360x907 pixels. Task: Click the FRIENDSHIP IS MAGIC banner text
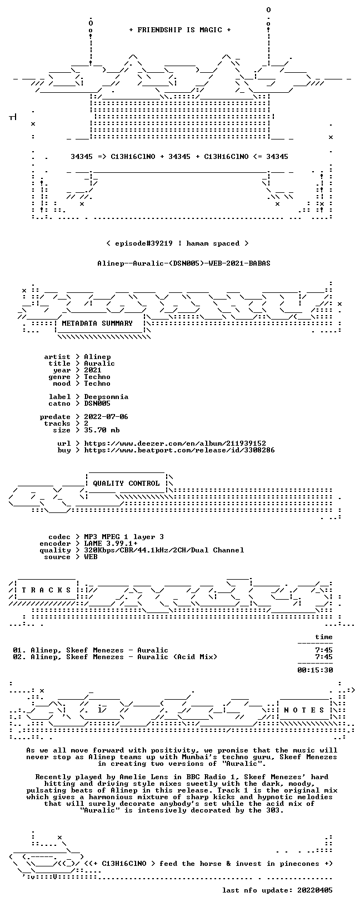180,30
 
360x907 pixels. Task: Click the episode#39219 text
144,243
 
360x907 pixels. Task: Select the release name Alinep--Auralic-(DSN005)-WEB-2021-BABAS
184,263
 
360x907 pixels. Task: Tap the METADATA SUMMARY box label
97,323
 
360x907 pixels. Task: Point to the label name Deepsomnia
106,397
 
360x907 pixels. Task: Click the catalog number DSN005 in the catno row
97,403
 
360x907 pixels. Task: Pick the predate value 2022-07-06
106,417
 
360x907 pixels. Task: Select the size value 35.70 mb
102,430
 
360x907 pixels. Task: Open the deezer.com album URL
175,443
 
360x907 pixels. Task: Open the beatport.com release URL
179,450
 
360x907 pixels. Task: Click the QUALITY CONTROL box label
126,483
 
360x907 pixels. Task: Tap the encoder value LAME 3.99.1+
111,544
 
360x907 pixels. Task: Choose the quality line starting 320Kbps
164,550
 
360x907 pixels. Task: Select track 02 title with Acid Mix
115,657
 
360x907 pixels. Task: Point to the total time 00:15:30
315,670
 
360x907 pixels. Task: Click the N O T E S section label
304,710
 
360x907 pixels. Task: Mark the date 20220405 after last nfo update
315,890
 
